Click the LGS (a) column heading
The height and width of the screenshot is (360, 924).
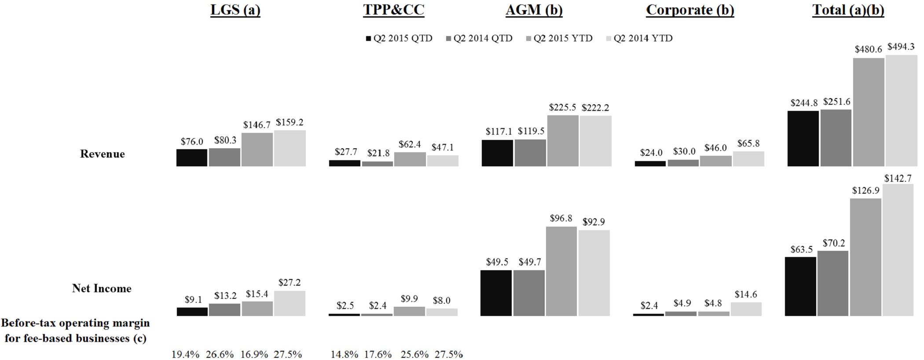pyautogui.click(x=235, y=10)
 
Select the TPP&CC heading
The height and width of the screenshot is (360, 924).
pyautogui.click(x=393, y=10)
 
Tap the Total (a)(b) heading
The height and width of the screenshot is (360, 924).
pyautogui.click(x=848, y=10)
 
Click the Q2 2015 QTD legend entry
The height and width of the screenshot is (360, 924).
pyautogui.click(x=399, y=38)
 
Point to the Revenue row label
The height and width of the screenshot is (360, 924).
pyautogui.click(x=102, y=154)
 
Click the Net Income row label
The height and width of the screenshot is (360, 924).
pyautogui.click(x=102, y=289)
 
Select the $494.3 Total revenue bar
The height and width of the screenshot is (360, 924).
pyautogui.click(x=901, y=110)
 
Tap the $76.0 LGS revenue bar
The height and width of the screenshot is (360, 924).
pyautogui.click(x=192, y=158)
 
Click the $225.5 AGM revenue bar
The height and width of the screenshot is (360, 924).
pyautogui.click(x=563, y=141)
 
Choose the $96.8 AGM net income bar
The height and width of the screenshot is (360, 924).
pyautogui.click(x=561, y=271)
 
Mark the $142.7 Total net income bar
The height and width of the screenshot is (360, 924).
pyautogui.click(x=898, y=250)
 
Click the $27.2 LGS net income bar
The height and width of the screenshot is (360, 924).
pyautogui.click(x=289, y=303)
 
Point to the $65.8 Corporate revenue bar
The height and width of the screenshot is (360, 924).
pyautogui.click(x=748, y=159)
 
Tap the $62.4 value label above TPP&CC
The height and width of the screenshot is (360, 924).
pyautogui.click(x=410, y=144)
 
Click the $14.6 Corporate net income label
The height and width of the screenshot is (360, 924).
pyautogui.click(x=746, y=294)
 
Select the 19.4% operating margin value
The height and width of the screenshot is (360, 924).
pyautogui.click(x=185, y=354)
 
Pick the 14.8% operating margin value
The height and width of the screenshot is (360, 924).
pyautogui.click(x=344, y=354)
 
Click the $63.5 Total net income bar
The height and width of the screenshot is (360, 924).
pyautogui.click(x=800, y=287)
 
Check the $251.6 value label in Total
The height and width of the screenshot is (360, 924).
pyautogui.click(x=836, y=102)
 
